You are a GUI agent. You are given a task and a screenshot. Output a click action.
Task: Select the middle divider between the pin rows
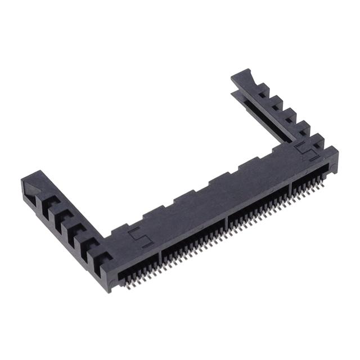click(x=226, y=220)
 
